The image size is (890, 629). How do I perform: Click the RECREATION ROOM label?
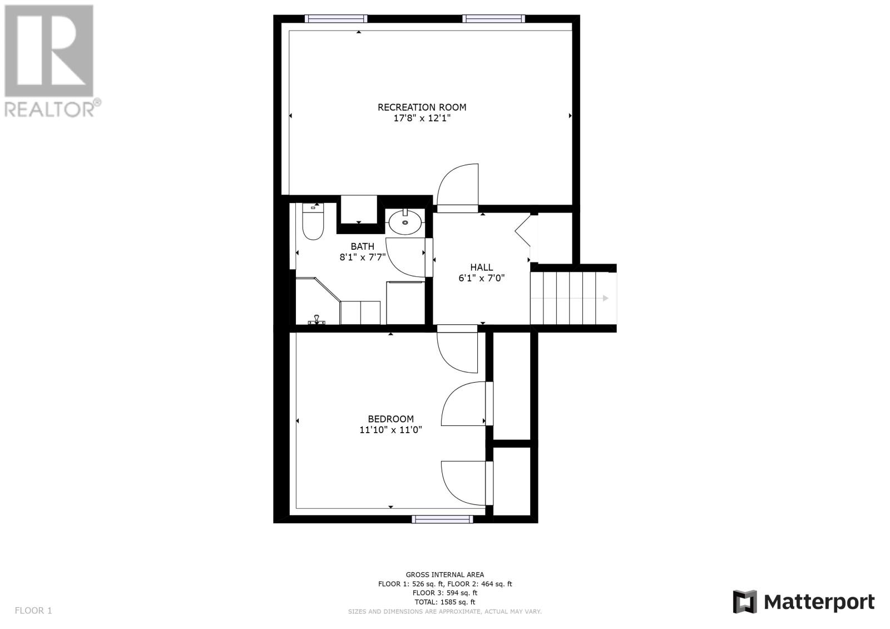[422, 107]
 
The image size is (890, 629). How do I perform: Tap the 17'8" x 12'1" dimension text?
[422, 118]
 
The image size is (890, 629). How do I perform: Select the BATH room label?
[362, 246]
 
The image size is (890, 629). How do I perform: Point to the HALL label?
[482, 268]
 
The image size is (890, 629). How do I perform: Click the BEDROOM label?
[391, 419]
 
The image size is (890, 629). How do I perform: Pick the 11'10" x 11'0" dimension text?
[391, 429]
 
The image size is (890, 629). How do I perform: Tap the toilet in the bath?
[313, 221]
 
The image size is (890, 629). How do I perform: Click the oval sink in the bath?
[406, 222]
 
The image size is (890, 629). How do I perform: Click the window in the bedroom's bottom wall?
[442, 519]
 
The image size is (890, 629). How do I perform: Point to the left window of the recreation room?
[336, 19]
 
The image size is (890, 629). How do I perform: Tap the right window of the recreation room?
[494, 19]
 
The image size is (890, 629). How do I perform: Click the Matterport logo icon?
[745, 602]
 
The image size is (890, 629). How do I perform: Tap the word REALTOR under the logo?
[50, 109]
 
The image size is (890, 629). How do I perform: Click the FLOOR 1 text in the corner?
[33, 610]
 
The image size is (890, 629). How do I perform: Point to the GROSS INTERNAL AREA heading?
[444, 574]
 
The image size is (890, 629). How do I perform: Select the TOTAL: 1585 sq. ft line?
[444, 602]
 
